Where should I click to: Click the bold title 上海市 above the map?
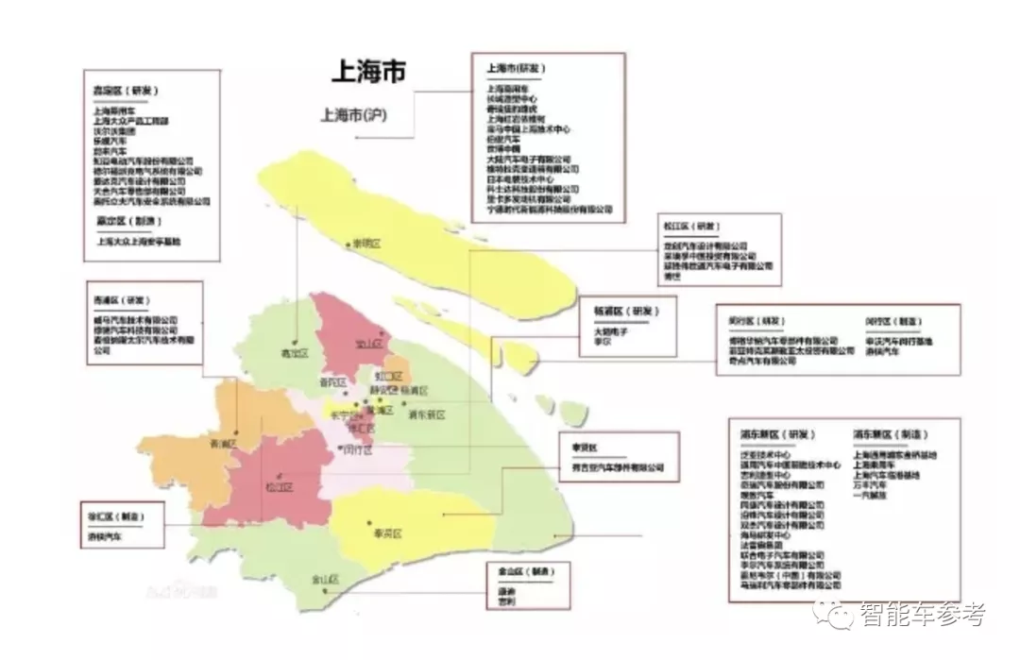coord(367,72)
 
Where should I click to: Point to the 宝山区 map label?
coord(369,344)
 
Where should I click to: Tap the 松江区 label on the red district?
coord(280,487)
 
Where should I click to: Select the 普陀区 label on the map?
coord(332,382)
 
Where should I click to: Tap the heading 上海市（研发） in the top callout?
coord(516,69)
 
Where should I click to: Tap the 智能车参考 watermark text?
coord(922,615)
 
